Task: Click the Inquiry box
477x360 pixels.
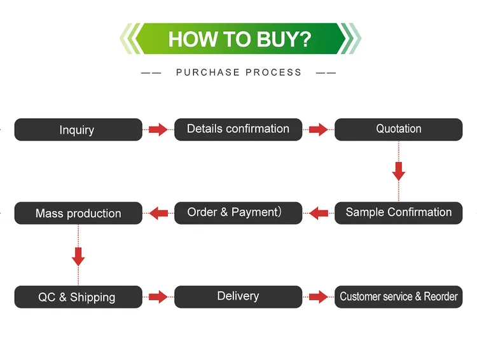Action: pyautogui.click(x=78, y=130)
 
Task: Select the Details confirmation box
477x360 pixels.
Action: pyautogui.click(x=238, y=130)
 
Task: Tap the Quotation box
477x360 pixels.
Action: pyautogui.click(x=399, y=130)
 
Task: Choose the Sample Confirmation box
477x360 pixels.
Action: pyautogui.click(x=399, y=213)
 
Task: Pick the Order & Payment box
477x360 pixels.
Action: pyautogui.click(x=238, y=213)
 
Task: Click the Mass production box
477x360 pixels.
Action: pyautogui.click(x=78, y=213)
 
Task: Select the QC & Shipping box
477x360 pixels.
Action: pyautogui.click(x=78, y=296)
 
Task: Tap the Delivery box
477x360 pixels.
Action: pyautogui.click(x=238, y=296)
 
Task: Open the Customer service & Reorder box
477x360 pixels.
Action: pyautogui.click(x=399, y=296)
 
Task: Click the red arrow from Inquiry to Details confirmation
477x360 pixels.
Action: pyautogui.click(x=158, y=130)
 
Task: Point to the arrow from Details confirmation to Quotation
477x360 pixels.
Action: pyautogui.click(x=319, y=130)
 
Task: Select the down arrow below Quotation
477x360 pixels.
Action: pyautogui.click(x=399, y=171)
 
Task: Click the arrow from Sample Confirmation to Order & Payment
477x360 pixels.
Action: pyautogui.click(x=319, y=213)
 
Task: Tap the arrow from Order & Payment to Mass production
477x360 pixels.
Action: pyautogui.click(x=158, y=213)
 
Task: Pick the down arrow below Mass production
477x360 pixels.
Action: pyautogui.click(x=78, y=256)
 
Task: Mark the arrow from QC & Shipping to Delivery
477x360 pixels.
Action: pyautogui.click(x=158, y=296)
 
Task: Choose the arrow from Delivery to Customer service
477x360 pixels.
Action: pyautogui.click(x=319, y=296)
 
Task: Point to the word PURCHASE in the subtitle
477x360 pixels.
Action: pyautogui.click(x=208, y=73)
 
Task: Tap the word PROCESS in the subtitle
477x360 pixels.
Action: pyautogui.click(x=273, y=73)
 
